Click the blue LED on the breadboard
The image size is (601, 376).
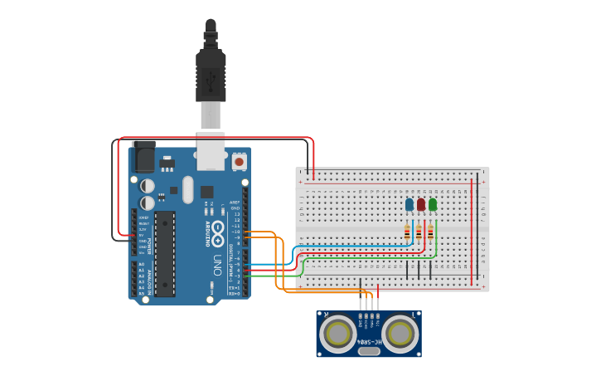(x=410, y=204)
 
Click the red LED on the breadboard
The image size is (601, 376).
(x=421, y=204)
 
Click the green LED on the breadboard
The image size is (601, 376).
(x=433, y=204)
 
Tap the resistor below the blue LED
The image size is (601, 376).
(x=407, y=232)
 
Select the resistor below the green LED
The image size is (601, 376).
(x=430, y=232)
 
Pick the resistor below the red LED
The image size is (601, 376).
(x=419, y=232)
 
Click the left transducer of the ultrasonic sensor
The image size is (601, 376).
(x=338, y=334)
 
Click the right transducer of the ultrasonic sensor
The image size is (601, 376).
(x=400, y=334)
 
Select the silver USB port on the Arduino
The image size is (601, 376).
(x=210, y=153)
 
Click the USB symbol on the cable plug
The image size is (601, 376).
(x=211, y=81)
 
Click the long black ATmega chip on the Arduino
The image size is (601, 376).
(x=165, y=253)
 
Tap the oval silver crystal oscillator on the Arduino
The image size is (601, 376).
(x=188, y=189)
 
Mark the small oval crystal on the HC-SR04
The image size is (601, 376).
(x=369, y=351)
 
